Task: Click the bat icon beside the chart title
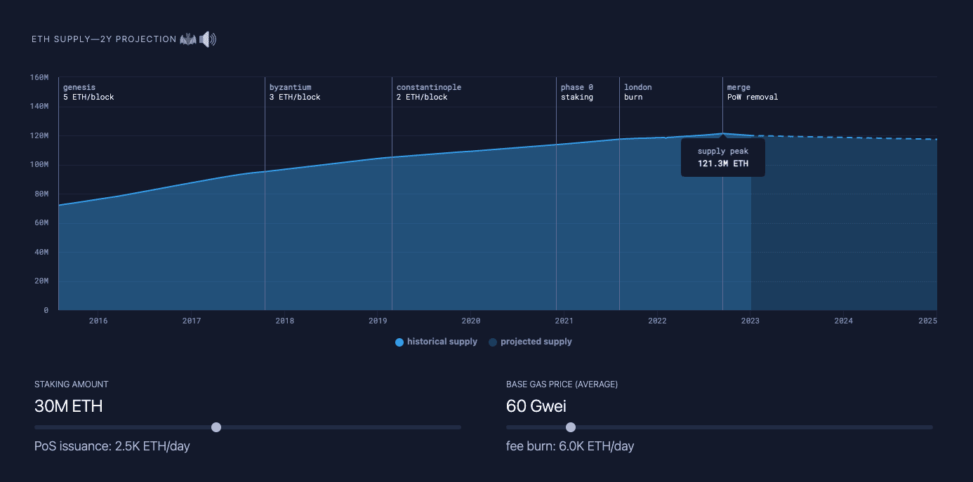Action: click(x=188, y=39)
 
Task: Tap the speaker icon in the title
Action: click(x=208, y=39)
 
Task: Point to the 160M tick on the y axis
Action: click(x=39, y=77)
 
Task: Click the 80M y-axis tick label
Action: click(x=41, y=194)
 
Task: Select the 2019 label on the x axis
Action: click(x=378, y=321)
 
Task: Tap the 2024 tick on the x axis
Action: click(x=843, y=321)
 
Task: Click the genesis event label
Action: click(x=88, y=92)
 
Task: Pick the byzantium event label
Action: click(x=295, y=92)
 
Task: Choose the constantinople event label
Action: click(x=429, y=92)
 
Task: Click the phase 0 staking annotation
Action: click(x=577, y=92)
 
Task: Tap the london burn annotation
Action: click(x=637, y=92)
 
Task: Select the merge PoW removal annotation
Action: click(x=753, y=92)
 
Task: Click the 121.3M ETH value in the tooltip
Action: click(x=723, y=163)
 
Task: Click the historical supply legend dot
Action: click(x=399, y=342)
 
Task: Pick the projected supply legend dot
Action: click(x=493, y=342)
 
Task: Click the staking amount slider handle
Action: click(x=216, y=427)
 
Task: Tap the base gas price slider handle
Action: click(x=571, y=427)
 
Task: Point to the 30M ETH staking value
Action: click(x=69, y=406)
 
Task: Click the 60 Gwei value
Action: click(x=536, y=406)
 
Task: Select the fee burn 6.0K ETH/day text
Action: click(x=570, y=446)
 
